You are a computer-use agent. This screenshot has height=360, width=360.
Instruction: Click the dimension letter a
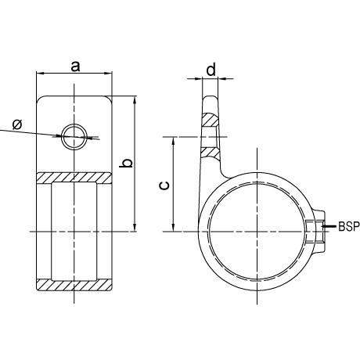click(75, 67)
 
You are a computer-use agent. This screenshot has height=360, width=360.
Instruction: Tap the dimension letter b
click(126, 163)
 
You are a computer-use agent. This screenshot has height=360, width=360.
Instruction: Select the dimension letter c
click(164, 185)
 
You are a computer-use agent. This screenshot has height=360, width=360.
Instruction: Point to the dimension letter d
click(211, 70)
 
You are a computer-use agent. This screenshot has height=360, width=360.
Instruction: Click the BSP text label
click(349, 226)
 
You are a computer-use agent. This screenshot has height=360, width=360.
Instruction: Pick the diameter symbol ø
click(17, 124)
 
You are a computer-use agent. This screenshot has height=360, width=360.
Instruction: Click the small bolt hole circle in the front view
click(74, 137)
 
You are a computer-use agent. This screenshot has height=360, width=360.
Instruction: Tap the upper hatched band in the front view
click(74, 178)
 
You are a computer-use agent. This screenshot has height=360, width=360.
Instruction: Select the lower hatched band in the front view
click(74, 285)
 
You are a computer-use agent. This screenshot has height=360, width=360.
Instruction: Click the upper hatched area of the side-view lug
click(210, 120)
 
